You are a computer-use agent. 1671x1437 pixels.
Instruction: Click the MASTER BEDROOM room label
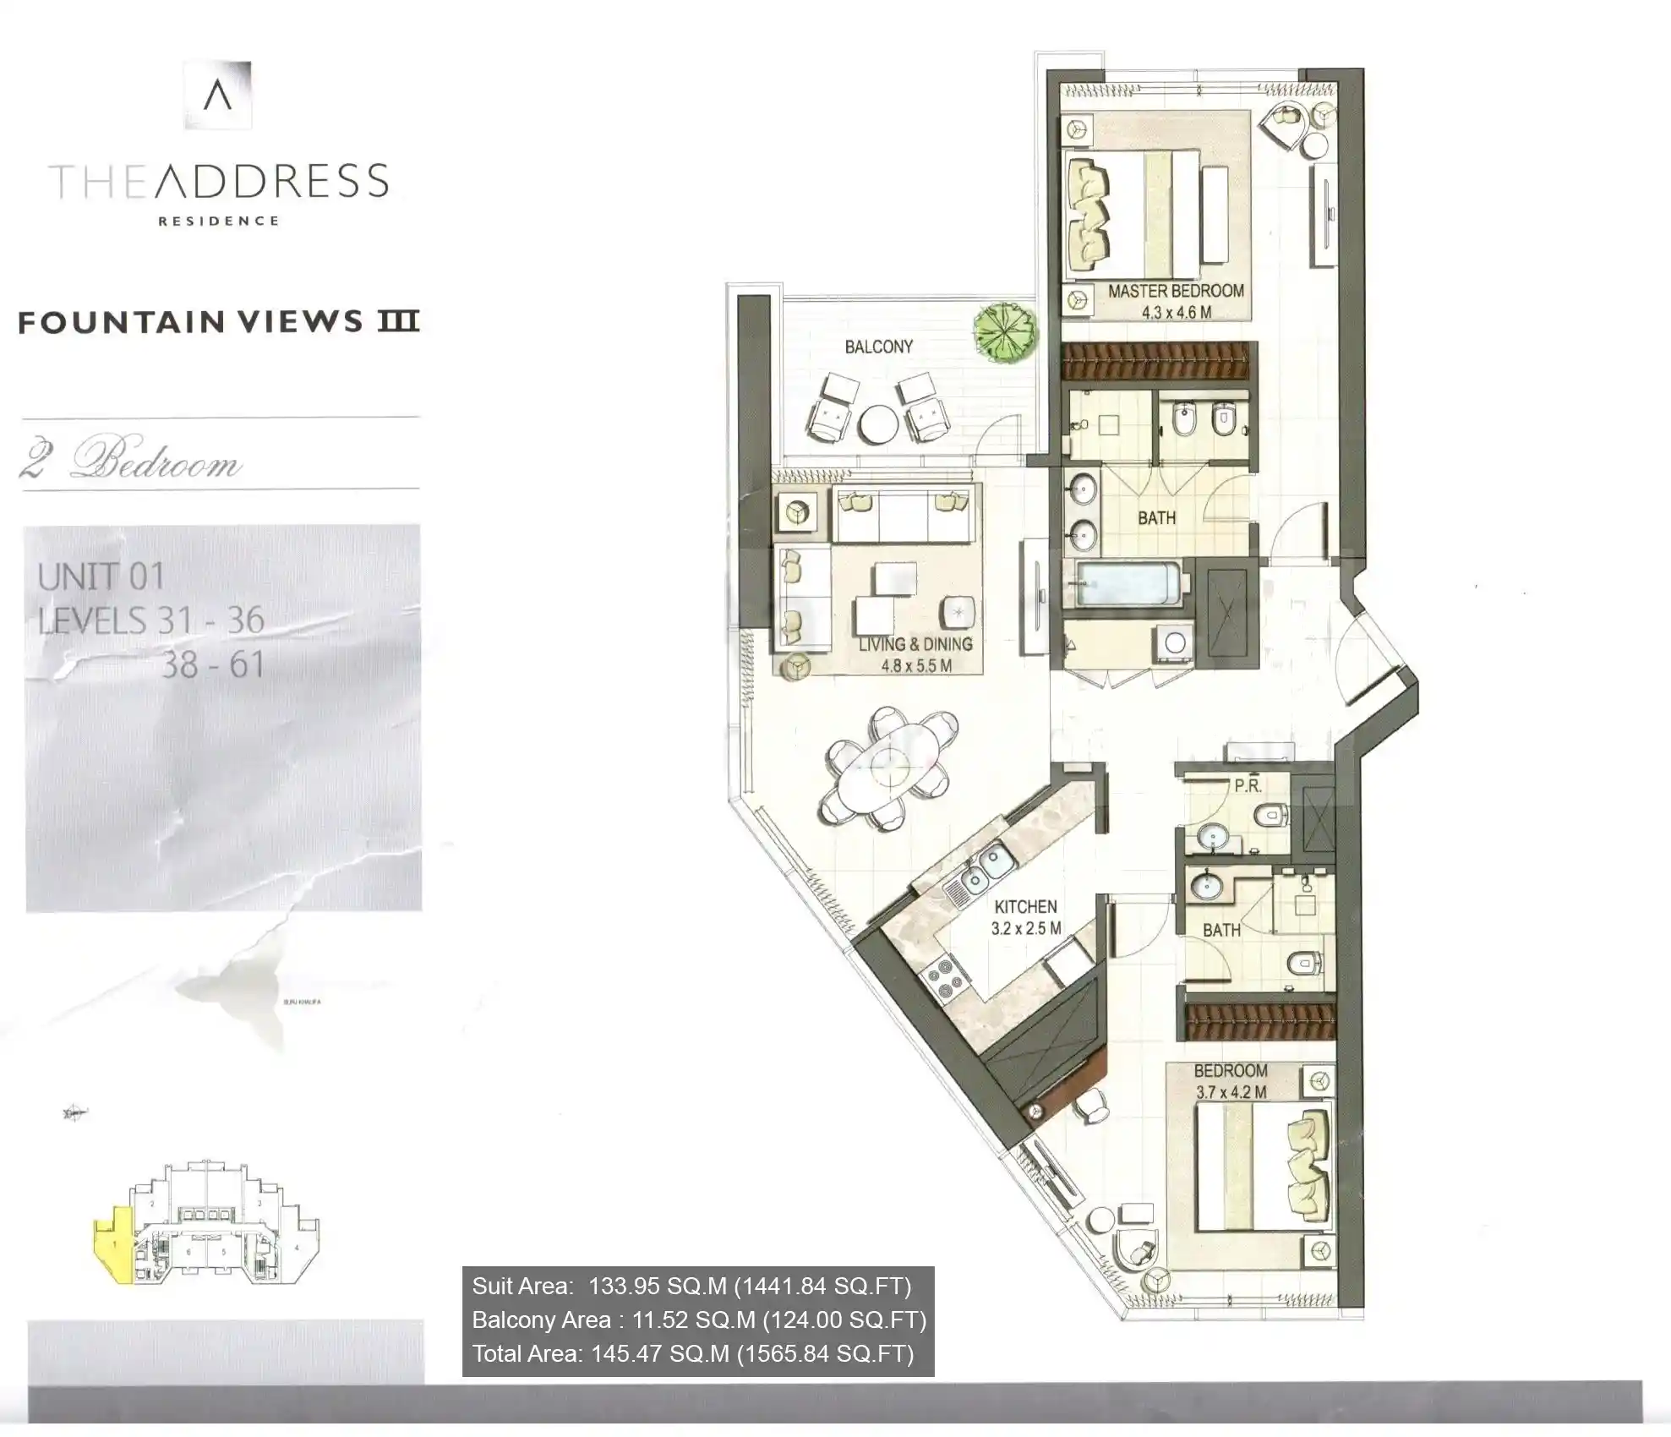tap(1175, 291)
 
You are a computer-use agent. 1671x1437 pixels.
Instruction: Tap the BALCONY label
tap(878, 347)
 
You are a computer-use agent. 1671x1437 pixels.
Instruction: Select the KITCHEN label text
tap(1025, 907)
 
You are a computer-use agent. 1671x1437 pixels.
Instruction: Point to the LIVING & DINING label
tap(915, 644)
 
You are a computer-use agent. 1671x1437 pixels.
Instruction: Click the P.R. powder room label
tap(1248, 785)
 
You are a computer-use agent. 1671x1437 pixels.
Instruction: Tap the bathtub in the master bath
tap(1128, 584)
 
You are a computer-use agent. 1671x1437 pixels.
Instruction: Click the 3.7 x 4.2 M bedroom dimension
tap(1231, 1092)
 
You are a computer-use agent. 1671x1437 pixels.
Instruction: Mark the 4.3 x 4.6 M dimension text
tap(1176, 312)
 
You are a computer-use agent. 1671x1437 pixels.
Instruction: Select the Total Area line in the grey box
tap(693, 1353)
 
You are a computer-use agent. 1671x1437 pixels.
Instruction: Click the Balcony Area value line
tap(698, 1320)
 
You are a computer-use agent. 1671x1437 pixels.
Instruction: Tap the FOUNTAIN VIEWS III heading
tap(219, 321)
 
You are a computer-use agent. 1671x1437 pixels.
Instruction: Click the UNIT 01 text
tap(101, 577)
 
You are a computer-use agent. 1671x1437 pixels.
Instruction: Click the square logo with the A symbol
tap(217, 95)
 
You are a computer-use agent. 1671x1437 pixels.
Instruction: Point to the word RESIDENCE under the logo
tap(218, 221)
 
